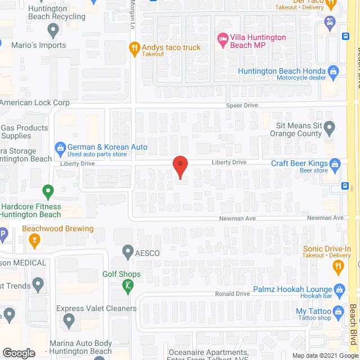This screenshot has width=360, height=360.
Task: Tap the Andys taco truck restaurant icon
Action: pos(134,48)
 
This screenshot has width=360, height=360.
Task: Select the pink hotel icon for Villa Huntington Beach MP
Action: pos(222,38)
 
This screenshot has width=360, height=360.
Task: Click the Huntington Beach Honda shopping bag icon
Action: pos(334,71)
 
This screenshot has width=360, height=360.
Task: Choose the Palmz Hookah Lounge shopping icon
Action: pos(339,290)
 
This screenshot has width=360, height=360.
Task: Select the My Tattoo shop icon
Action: pos(338,312)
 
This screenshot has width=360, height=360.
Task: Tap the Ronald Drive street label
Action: pos(232,294)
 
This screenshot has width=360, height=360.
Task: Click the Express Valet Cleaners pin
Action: pos(69,321)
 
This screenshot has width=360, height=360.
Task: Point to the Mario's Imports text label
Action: pos(33,45)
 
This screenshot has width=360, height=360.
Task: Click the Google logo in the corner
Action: pos(19,353)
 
